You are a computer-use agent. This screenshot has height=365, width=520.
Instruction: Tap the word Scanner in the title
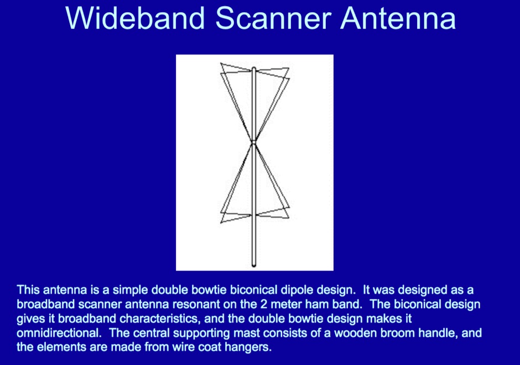[273, 19]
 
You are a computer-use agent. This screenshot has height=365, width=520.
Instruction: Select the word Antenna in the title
[398, 19]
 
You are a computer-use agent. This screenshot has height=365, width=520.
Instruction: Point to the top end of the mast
[254, 69]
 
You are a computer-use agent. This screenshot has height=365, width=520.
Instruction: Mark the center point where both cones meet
[254, 142]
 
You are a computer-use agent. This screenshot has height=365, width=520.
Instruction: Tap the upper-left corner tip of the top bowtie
[221, 63]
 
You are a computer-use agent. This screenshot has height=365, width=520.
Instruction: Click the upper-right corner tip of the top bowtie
[289, 69]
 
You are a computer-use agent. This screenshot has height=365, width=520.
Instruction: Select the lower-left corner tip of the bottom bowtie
[221, 223]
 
